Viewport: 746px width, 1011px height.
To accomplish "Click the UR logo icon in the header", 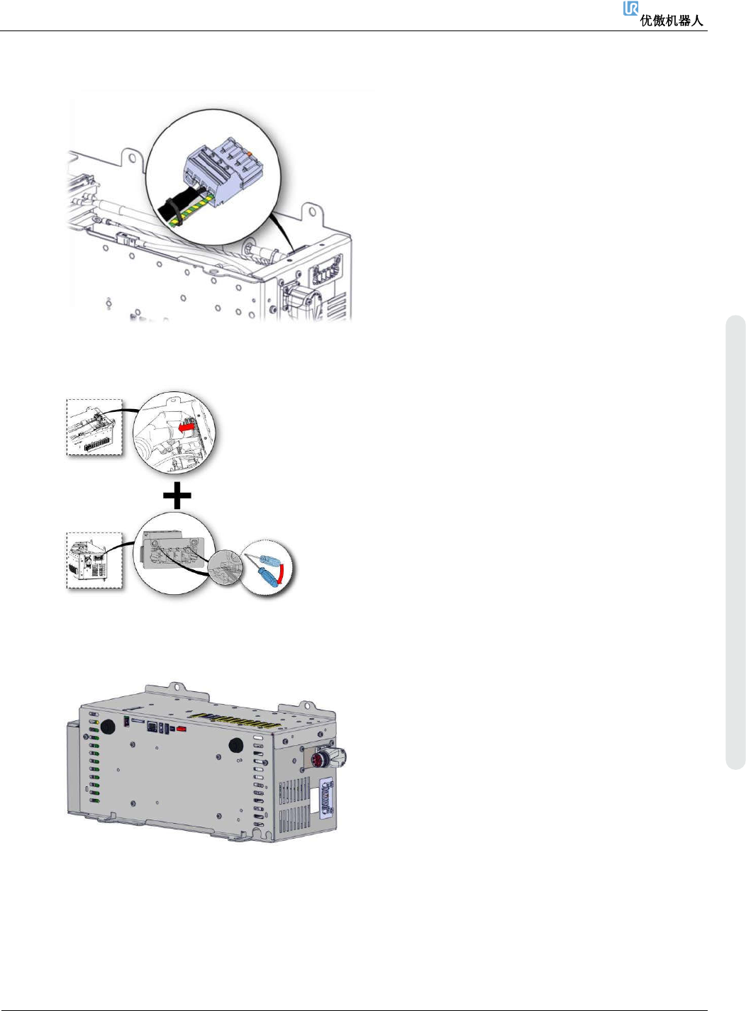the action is (x=630, y=9).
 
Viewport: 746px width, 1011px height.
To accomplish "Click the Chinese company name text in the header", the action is (x=672, y=21).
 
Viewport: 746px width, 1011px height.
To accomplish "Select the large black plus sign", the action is (x=177, y=496).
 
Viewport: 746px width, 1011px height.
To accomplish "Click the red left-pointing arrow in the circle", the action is (x=186, y=428).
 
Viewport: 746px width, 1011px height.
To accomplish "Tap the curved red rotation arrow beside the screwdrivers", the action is (x=283, y=572).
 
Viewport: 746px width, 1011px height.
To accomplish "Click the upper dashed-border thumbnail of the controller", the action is (x=94, y=427).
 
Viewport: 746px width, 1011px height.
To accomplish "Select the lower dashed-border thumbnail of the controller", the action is (x=94, y=560).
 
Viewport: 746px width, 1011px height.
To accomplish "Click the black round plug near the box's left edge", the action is (x=108, y=727).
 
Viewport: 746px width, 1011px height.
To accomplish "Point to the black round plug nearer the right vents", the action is (x=235, y=745).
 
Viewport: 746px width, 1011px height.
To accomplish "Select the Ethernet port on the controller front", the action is (x=152, y=727).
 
